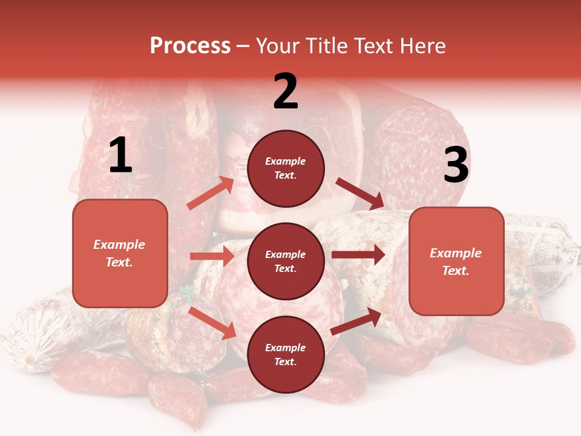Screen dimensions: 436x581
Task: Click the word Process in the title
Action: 190,46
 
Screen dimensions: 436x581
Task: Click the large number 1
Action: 120,156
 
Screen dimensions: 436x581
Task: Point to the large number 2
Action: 286,91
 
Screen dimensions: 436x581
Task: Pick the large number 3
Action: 456,165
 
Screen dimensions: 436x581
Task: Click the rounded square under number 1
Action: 120,253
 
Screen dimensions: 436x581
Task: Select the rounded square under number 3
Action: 456,261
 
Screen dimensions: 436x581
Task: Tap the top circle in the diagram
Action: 286,168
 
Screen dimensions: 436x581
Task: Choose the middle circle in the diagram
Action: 286,261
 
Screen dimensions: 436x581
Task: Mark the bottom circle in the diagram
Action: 286,354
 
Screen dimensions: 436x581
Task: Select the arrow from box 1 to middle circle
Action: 212,256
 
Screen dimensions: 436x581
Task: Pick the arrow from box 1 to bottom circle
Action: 212,323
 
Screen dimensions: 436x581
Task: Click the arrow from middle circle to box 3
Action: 358,254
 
